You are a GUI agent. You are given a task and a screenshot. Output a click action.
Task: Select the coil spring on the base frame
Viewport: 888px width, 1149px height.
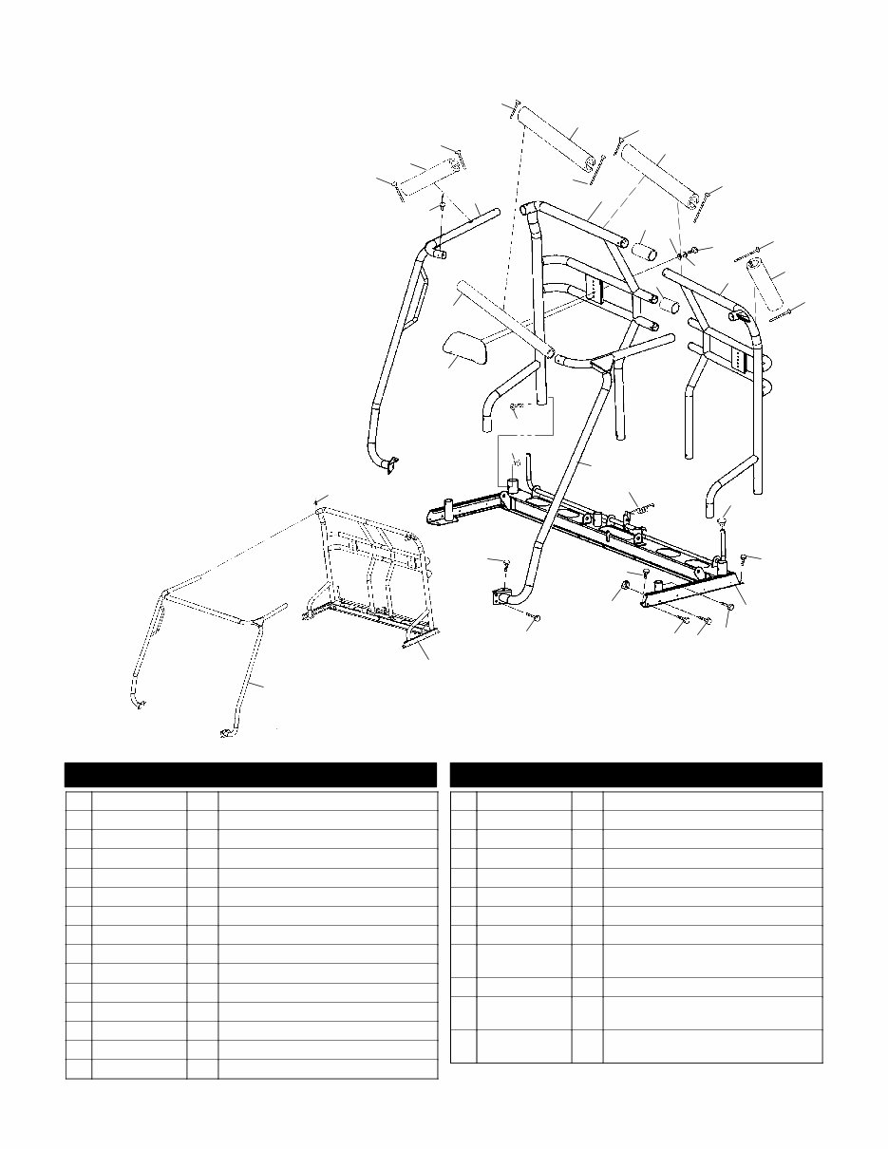click(644, 508)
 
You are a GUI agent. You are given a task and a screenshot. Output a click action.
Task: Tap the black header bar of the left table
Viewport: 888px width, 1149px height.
click(250, 774)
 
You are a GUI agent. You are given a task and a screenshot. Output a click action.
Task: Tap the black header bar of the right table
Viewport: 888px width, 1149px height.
click(635, 774)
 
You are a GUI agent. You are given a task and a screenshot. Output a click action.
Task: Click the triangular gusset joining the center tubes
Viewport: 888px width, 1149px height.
click(602, 362)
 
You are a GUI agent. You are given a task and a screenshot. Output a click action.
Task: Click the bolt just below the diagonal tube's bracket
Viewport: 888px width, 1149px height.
click(534, 618)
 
